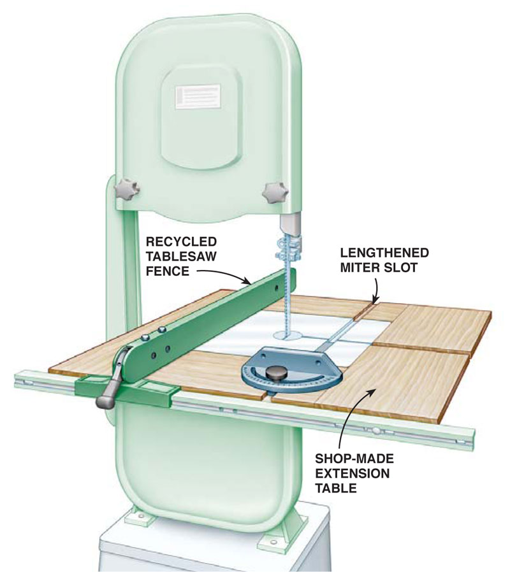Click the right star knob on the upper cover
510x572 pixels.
coord(275,192)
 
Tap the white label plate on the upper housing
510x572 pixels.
coord(198,96)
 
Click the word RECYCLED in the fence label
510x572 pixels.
coord(182,241)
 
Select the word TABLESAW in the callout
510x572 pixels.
coord(182,256)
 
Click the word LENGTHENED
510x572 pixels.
coord(384,252)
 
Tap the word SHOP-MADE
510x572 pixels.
coord(354,458)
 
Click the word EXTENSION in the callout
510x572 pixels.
coord(353,473)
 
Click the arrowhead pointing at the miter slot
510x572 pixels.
coord(374,299)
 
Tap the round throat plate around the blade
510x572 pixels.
coord(287,335)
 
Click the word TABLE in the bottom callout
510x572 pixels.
coord(336,488)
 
